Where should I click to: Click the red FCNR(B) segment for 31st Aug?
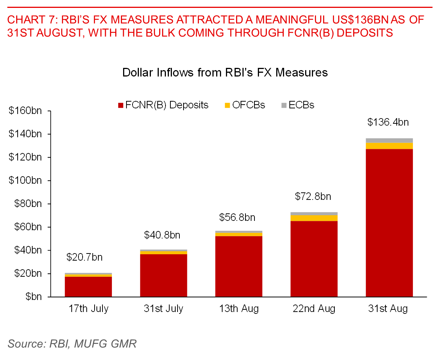pos(389,223)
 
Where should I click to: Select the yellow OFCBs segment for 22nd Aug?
pos(314,218)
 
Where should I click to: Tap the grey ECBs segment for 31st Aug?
pos(389,141)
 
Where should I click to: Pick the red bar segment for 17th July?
pos(88,286)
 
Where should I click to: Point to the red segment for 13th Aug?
pos(239,266)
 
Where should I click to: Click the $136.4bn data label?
pos(388,122)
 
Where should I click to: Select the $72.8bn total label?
pos(313,196)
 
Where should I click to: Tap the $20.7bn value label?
pos(84,257)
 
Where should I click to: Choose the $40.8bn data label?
pos(162,235)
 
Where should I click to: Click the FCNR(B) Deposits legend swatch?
pos(121,105)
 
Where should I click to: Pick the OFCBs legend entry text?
pos(248,105)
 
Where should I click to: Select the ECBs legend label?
pos(301,105)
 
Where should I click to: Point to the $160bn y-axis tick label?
pos(25,111)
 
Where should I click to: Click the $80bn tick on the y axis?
pos(28,204)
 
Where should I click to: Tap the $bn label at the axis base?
pos(33,297)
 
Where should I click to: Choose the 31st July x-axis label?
pos(163,309)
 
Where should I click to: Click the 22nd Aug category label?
pos(314,309)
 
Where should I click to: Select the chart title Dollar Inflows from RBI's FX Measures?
pos(225,73)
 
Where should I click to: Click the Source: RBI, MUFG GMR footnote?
pos(72,343)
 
